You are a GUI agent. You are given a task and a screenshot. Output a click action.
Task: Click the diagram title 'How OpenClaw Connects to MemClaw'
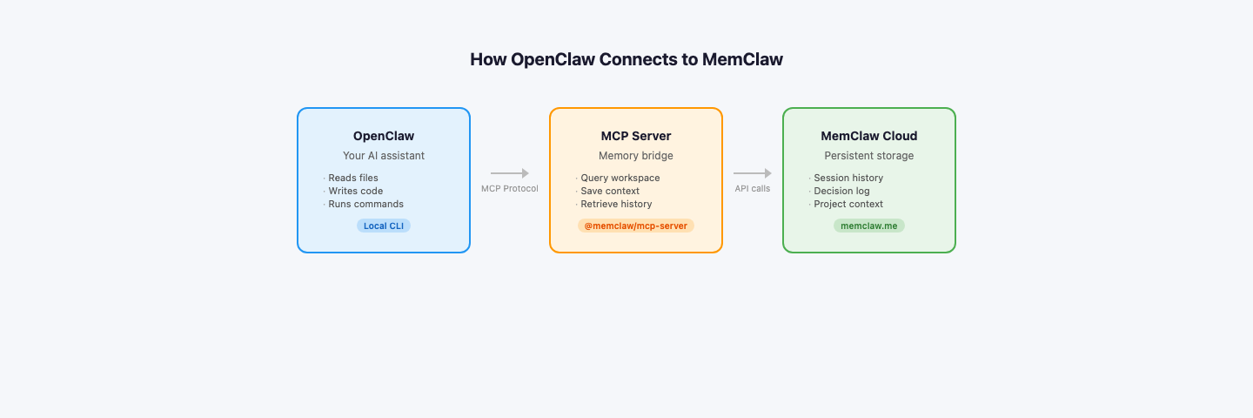coord(626,59)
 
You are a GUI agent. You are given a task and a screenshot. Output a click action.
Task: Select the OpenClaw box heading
coord(384,136)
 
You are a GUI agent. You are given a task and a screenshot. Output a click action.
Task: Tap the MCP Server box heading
coord(636,136)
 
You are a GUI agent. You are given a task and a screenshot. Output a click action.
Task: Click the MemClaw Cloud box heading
coord(869,136)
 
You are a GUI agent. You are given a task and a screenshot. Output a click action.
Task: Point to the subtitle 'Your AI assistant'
coord(384,156)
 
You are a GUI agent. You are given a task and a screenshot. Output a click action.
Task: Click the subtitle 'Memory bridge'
coord(636,156)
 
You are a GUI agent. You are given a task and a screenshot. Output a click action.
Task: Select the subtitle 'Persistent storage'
coord(869,156)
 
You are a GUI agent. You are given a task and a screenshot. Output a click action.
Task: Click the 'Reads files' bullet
coord(353,178)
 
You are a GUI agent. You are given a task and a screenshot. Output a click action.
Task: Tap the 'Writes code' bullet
coord(355,191)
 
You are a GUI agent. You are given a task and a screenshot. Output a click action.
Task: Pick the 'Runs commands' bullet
coord(365,204)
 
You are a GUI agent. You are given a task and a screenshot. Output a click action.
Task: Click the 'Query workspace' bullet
coord(620,178)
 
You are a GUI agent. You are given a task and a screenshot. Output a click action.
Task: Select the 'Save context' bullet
coord(610,191)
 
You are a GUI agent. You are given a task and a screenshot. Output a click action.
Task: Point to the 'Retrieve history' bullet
coord(616,204)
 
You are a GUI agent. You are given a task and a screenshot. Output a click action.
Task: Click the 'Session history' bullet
coord(848,178)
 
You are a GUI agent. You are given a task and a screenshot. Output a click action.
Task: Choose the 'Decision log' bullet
coord(841,191)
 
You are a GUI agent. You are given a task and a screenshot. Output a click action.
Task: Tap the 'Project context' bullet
coord(848,204)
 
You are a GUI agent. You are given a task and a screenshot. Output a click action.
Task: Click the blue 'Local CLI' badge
coord(384,226)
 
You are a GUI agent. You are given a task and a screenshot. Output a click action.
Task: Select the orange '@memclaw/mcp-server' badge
coord(636,226)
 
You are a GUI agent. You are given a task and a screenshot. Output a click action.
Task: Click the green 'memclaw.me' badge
coord(869,226)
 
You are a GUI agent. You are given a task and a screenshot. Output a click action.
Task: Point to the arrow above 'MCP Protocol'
coord(510,173)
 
